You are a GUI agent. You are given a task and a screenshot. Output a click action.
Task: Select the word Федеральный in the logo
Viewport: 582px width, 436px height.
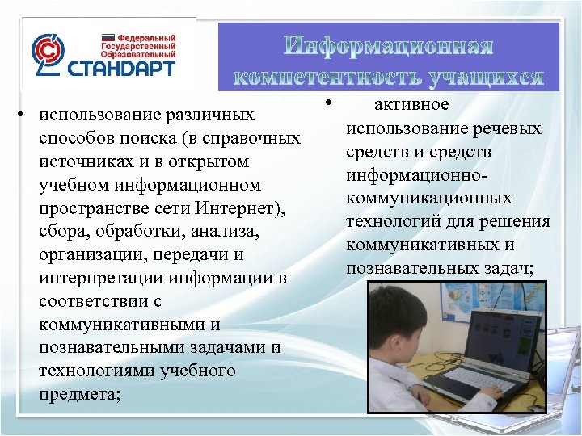pos(147,38)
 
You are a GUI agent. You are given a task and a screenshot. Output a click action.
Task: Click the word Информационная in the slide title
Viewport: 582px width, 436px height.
pos(390,46)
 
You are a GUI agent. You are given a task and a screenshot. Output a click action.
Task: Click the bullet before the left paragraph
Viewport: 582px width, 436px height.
pos(26,112)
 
